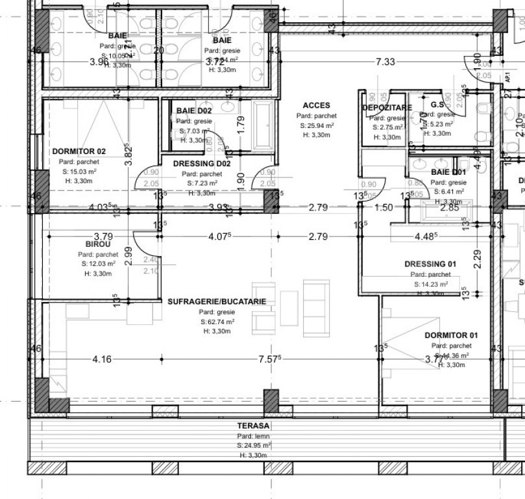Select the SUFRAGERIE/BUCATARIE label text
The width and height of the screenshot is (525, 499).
coord(216,302)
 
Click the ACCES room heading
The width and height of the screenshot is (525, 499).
coord(317,105)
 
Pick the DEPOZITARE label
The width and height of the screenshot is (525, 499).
coord(387,107)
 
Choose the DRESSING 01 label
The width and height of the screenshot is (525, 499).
coord(430,264)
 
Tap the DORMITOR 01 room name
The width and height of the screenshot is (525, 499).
coord(451,335)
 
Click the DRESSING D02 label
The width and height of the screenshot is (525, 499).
coord(202,164)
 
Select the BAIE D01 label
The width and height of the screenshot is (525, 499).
coord(448,172)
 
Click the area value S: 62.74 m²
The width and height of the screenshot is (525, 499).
coord(217,322)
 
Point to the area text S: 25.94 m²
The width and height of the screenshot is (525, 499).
coord(317,125)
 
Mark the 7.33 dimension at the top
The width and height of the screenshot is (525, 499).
coord(385,62)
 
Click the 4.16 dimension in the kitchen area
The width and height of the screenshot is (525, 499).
coord(102,359)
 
